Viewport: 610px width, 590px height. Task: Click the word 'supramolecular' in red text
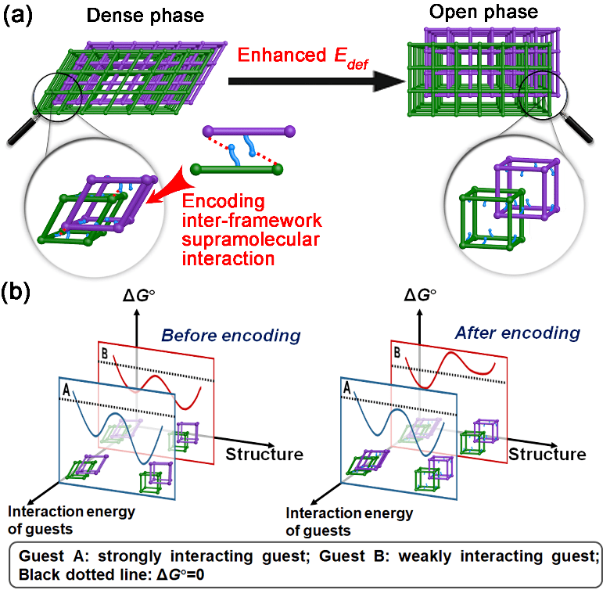tap(241, 239)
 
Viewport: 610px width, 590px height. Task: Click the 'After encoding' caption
tap(518, 333)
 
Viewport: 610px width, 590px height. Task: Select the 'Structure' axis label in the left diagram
tap(263, 454)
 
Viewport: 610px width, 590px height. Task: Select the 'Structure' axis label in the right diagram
tap(547, 454)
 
